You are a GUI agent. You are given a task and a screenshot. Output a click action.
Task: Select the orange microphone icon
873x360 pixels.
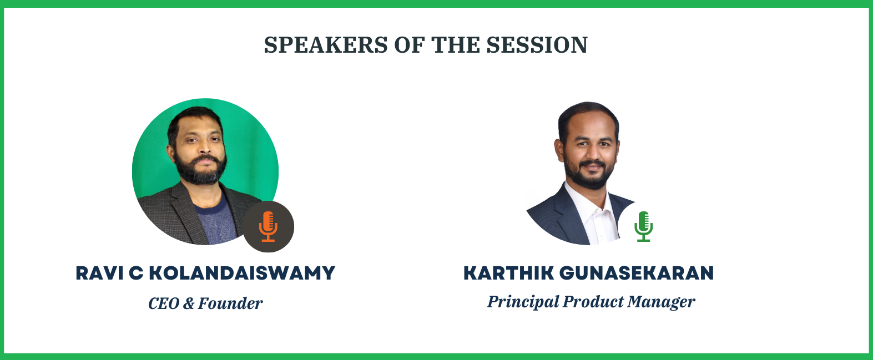268,226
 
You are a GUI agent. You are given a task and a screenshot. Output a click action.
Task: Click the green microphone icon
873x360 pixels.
643,226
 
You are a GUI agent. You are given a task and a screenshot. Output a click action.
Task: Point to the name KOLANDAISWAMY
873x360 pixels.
242,273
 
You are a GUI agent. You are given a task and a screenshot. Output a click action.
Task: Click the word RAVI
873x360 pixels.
99,273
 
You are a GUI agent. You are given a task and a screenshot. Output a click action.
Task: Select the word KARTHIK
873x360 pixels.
508,273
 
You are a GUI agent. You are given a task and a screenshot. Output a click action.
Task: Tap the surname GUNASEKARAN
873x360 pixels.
637,273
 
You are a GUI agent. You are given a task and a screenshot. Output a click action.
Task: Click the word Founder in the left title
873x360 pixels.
230,303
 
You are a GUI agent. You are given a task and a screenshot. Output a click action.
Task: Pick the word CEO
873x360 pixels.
164,303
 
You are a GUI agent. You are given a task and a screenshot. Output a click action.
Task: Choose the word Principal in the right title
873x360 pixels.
523,302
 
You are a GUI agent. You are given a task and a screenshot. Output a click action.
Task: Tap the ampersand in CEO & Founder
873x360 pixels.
189,303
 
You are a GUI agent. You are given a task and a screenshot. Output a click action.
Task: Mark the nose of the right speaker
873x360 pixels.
591,153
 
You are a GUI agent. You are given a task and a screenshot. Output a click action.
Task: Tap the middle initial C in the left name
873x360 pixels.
136,273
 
